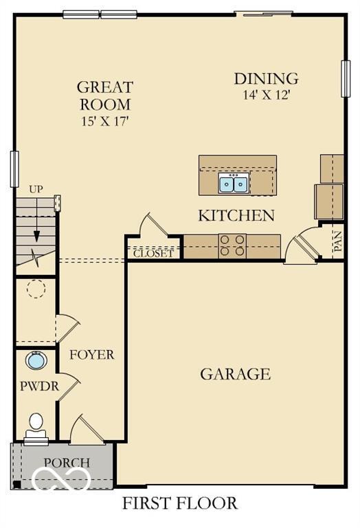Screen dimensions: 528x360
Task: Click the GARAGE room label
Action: click(x=235, y=374)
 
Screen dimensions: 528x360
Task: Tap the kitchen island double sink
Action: click(x=234, y=184)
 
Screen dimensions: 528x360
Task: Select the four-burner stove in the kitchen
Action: click(x=233, y=246)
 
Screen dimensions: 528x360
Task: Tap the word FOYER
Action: click(x=91, y=355)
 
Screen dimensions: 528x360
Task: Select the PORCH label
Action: click(x=67, y=462)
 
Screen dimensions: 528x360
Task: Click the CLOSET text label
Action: click(x=153, y=253)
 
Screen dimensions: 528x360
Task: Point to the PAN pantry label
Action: click(x=337, y=243)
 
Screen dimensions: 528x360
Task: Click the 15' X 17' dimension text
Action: click(x=104, y=121)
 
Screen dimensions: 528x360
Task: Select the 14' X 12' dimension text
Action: click(x=266, y=95)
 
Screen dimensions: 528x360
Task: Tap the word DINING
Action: click(x=266, y=78)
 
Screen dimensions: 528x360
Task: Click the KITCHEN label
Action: click(x=236, y=215)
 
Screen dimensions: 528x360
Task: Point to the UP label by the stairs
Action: click(x=35, y=189)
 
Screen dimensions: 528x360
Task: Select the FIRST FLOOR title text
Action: click(x=180, y=503)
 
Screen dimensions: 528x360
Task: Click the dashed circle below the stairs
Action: click(x=36, y=288)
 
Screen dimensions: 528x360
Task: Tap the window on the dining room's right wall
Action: click(x=345, y=78)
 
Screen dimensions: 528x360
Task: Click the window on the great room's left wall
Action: click(x=14, y=168)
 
